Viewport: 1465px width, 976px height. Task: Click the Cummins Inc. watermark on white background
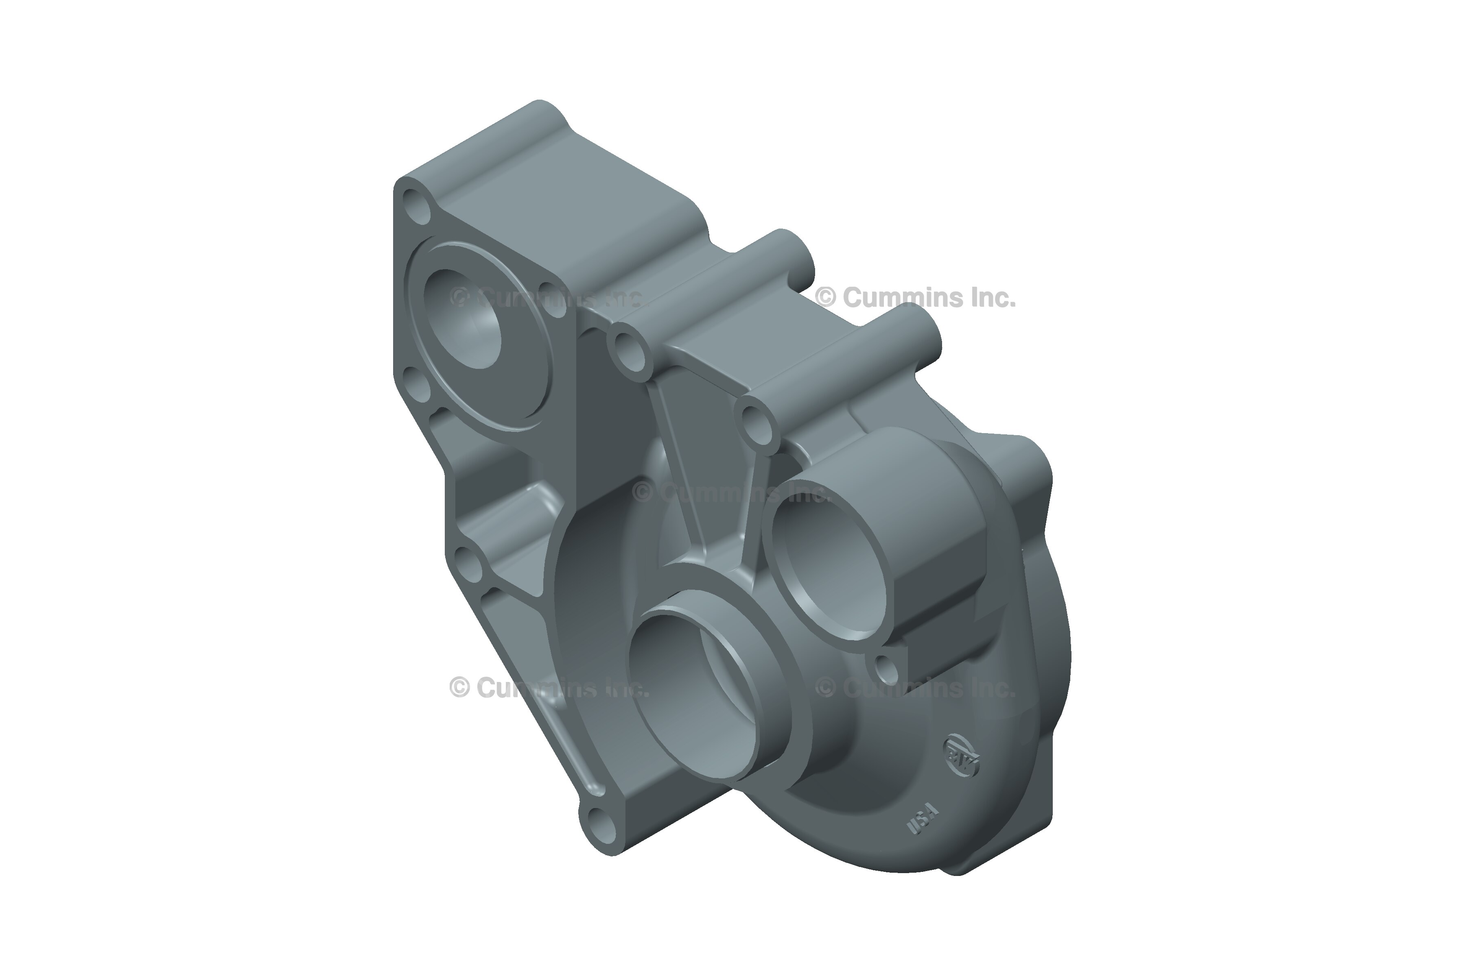coord(916,298)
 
